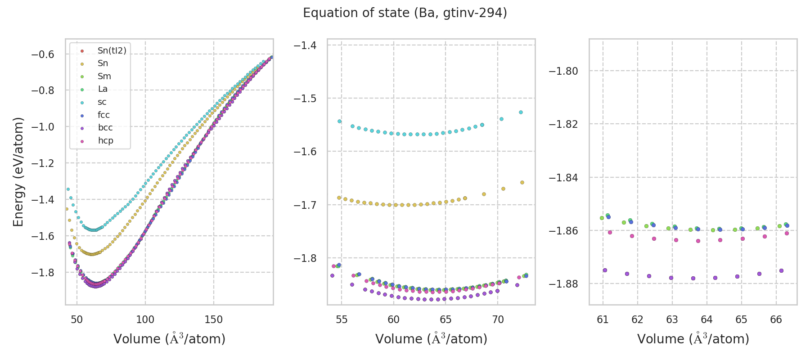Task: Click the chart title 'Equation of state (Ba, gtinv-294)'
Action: (405, 13)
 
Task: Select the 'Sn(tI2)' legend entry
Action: (112, 51)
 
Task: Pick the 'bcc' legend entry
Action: (105, 128)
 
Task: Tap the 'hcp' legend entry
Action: (105, 141)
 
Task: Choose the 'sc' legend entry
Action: (102, 102)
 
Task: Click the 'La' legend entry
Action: (103, 89)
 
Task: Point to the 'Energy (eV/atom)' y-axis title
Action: (18, 172)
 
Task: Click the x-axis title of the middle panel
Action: (431, 339)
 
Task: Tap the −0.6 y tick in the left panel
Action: (42, 54)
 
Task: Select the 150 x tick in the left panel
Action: (213, 319)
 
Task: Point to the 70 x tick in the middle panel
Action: (498, 319)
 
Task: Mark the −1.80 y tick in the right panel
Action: (563, 71)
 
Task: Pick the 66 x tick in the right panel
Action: (776, 319)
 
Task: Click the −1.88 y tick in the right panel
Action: (563, 284)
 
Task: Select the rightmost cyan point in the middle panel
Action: (521, 112)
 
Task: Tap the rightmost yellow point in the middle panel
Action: (522, 182)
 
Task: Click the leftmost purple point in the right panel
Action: (605, 270)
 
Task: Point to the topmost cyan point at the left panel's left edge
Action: (68, 189)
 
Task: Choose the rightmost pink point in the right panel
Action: (787, 233)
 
